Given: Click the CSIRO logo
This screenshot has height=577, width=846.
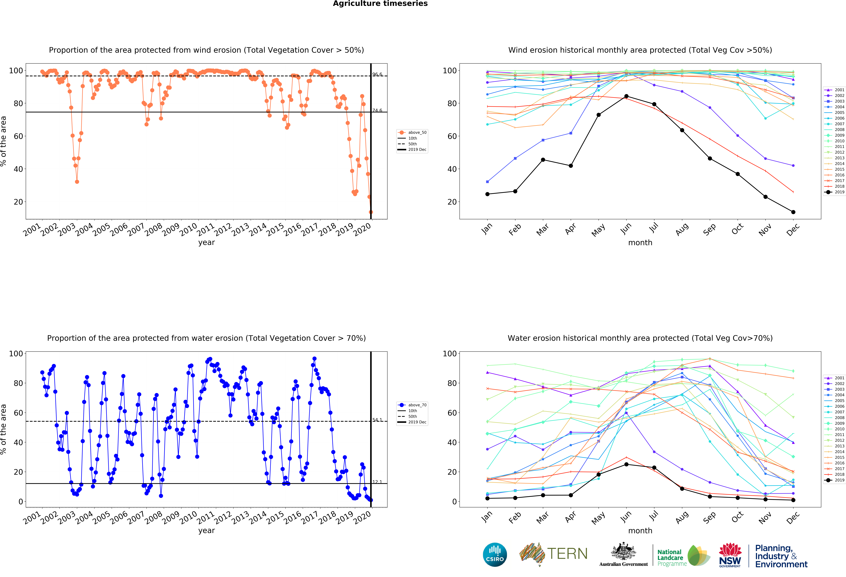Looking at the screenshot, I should pos(495,554).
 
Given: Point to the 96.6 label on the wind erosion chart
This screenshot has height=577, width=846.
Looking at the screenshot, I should pos(377,74).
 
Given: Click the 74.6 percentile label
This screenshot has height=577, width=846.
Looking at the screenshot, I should pos(377,110).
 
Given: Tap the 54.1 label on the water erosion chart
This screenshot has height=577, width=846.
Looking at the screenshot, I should pos(377,420).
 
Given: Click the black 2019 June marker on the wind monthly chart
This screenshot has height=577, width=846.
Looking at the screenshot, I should pos(626,96).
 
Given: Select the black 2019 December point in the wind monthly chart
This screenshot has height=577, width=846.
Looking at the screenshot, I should pos(793,212).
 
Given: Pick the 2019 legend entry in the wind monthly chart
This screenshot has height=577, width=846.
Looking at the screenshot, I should pos(835,192).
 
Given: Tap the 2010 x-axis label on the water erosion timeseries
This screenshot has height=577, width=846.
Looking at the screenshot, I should pos(188,517).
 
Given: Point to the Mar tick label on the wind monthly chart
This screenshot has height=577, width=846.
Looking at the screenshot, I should pos(542,229).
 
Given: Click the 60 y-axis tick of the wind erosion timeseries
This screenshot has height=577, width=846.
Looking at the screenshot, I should pos(18,136).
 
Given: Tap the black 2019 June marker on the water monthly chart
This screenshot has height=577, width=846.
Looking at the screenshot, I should pos(626,464).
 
